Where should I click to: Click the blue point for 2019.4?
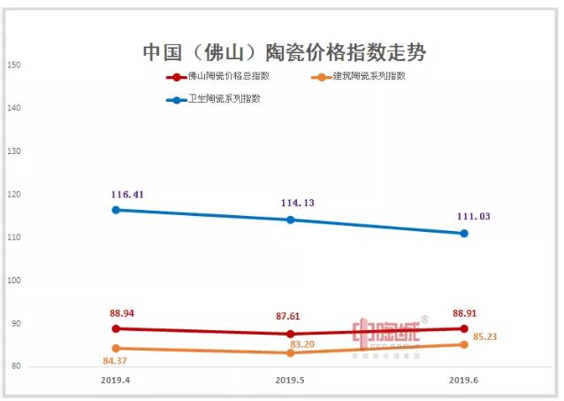click(x=116, y=210)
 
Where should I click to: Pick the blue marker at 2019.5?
click(x=290, y=220)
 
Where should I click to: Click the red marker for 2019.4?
click(x=116, y=328)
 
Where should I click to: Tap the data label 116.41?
click(x=127, y=193)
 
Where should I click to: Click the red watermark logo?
click(x=389, y=335)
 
